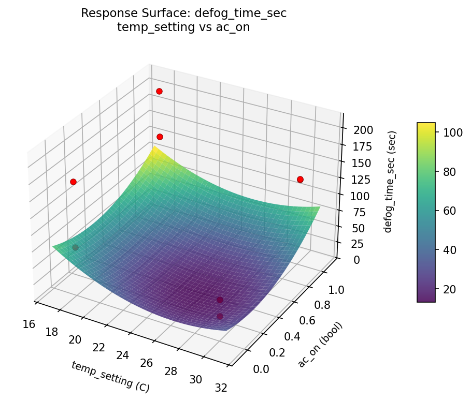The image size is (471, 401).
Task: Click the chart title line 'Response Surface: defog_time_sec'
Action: pos(183,14)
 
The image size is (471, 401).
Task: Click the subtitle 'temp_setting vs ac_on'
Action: pos(183,28)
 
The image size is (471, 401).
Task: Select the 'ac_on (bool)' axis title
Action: pos(320,345)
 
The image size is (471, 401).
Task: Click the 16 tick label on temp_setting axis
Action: pos(29,324)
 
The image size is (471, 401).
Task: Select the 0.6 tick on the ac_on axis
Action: pos(308,321)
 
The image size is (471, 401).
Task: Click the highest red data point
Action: pos(159,92)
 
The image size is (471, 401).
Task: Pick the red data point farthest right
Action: pos(300,180)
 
